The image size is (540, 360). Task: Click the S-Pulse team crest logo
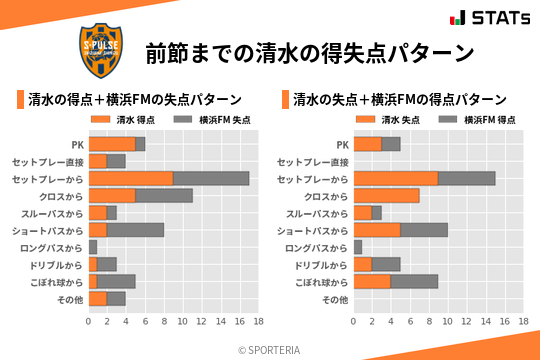click(102, 48)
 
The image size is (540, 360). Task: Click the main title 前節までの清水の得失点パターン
click(309, 52)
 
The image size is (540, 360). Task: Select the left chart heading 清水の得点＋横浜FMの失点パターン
click(134, 100)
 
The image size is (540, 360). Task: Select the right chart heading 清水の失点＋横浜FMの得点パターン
click(399, 100)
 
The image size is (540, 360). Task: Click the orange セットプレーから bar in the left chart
click(131, 178)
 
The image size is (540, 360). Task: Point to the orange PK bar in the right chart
click(368, 144)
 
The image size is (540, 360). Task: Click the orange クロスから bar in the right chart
click(387, 196)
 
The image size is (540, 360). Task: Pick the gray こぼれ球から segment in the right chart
click(415, 282)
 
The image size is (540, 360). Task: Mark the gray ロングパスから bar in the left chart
click(93, 247)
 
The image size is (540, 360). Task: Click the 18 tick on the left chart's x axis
click(258, 322)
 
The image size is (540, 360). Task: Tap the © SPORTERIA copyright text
click(270, 349)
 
